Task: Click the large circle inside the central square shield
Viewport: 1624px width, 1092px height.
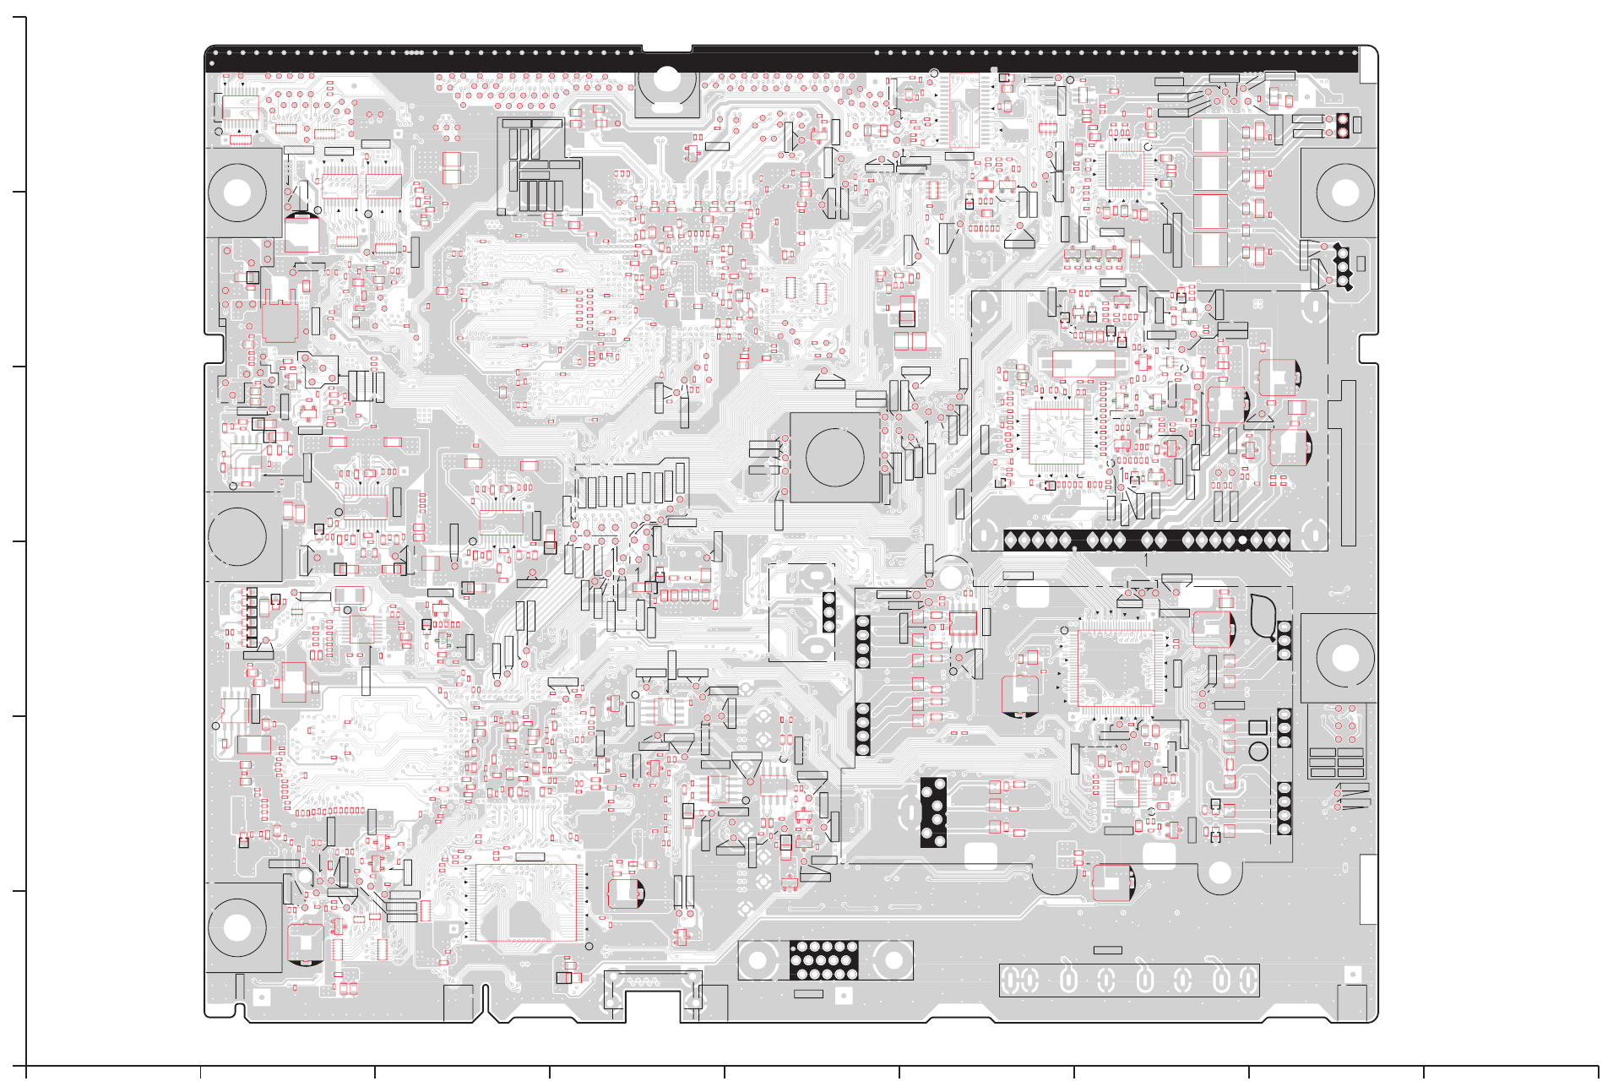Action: point(834,456)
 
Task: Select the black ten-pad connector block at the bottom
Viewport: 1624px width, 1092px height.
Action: point(823,960)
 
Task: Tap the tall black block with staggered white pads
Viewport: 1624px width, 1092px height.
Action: point(932,812)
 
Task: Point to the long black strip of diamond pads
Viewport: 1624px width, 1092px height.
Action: point(1146,540)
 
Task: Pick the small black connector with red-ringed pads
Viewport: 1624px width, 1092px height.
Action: point(1342,126)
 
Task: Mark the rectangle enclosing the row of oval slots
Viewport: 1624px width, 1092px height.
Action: point(1129,980)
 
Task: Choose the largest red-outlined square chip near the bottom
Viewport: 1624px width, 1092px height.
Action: point(526,902)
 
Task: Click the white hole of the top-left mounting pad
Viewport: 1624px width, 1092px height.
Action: point(237,192)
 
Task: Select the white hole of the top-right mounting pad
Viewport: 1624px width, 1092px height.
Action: point(1344,192)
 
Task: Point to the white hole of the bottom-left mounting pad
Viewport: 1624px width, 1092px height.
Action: point(237,927)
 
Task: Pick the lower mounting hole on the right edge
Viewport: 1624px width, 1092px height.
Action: point(1344,658)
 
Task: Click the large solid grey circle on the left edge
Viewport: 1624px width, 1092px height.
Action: point(237,536)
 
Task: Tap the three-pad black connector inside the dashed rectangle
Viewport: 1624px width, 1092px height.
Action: point(828,612)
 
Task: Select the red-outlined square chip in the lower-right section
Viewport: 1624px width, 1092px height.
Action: point(1115,666)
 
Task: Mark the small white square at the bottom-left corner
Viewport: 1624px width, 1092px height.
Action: point(261,997)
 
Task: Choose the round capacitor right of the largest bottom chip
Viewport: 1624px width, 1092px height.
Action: point(626,892)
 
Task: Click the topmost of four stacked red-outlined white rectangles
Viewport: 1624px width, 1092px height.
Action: point(1209,135)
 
